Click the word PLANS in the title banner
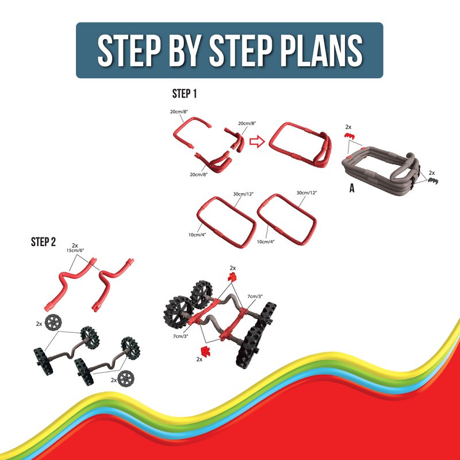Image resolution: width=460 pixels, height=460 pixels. click(321, 50)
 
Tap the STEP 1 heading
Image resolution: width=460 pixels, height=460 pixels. click(184, 94)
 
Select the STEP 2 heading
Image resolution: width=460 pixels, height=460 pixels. click(43, 242)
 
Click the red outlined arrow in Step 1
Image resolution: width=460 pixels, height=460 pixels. click(257, 141)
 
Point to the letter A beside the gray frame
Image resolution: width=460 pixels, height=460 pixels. click(352, 188)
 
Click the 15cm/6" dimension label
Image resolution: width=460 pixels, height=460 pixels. click(75, 251)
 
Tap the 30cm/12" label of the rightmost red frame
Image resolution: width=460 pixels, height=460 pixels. click(307, 193)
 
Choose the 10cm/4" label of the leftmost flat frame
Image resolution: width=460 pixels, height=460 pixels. click(197, 235)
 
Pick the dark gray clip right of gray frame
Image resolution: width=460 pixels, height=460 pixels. click(433, 181)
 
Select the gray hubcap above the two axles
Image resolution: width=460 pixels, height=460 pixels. click(53, 322)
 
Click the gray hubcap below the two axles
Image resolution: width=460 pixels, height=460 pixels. click(125, 378)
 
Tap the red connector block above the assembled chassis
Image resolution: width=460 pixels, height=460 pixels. click(232, 277)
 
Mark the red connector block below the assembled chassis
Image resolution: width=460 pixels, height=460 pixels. click(205, 351)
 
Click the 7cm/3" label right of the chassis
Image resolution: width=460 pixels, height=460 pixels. click(255, 296)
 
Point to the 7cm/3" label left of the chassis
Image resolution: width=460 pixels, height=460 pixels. click(181, 336)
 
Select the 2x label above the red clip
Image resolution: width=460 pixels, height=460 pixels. click(348, 127)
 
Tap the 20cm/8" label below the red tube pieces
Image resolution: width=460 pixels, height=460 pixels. click(198, 175)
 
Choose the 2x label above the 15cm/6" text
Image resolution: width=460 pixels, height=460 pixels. click(75, 246)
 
